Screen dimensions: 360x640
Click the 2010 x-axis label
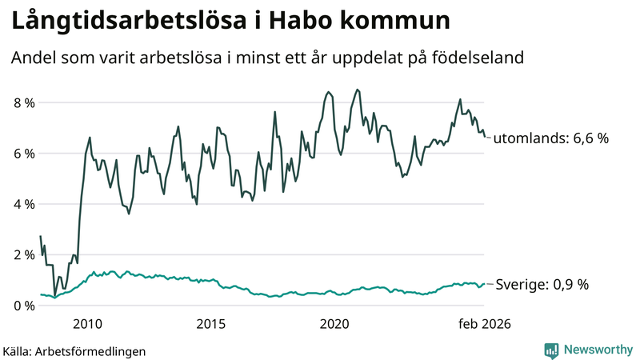tap(87, 324)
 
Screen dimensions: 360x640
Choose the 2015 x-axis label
tap(210, 324)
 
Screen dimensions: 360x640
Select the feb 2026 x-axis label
tap(482, 324)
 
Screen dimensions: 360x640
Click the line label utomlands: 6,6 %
tap(550, 138)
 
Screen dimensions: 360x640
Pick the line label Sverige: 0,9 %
tap(542, 285)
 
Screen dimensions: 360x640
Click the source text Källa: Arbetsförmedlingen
tap(74, 350)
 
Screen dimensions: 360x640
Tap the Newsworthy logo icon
tap(551, 350)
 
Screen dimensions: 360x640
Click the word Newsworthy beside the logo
tap(596, 350)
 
